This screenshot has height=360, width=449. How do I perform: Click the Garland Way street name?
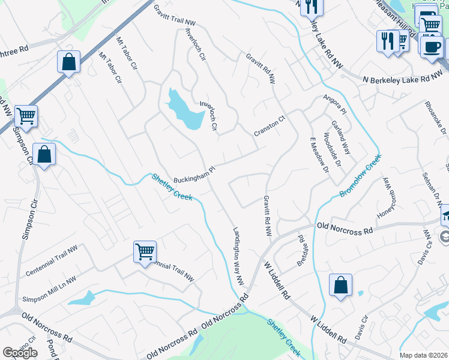[340, 137]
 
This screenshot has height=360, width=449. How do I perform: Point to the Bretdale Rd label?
[302, 251]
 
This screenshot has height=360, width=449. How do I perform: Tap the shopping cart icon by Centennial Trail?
[145, 252]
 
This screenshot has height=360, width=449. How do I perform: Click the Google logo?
[20, 353]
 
